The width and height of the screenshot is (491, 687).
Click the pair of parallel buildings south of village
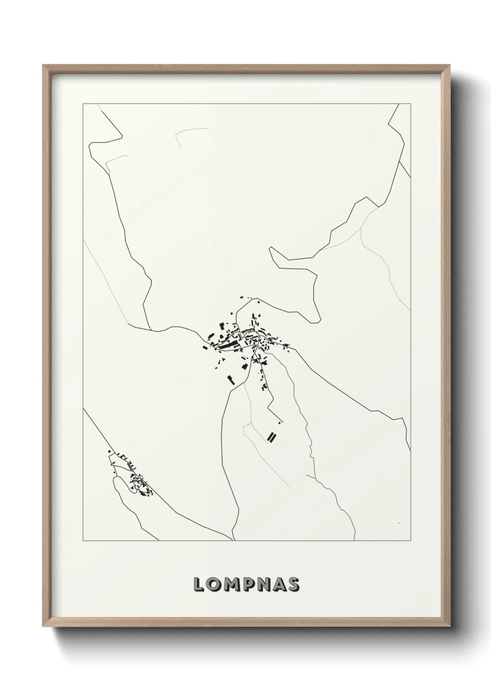coord(271,436)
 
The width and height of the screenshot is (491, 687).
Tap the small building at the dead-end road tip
coord(280,422)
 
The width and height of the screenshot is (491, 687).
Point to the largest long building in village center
coord(227,346)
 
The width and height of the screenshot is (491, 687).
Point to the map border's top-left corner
coord(83,104)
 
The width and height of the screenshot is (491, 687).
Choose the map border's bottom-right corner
coord(411,541)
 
